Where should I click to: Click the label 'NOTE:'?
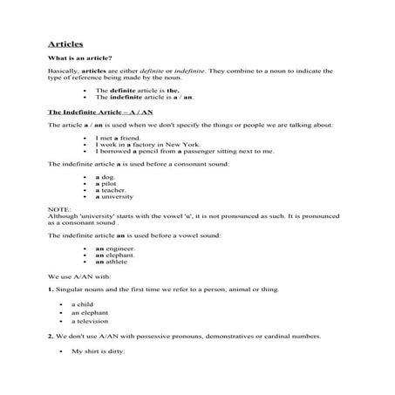pyautogui.click(x=58, y=209)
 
